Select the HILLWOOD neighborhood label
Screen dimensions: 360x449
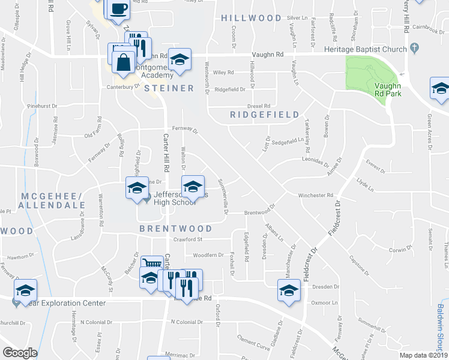251,19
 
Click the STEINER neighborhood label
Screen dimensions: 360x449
169,88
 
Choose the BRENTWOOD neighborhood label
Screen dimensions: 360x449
176,229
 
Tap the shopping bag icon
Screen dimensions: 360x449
123,63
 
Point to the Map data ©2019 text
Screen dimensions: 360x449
422,355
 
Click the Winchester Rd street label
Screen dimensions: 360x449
315,195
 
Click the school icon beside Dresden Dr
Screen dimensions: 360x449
289,290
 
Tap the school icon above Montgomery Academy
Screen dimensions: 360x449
179,59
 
